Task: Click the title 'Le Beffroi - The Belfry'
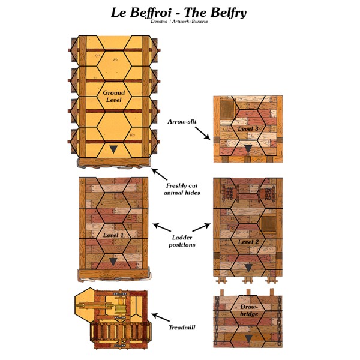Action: [178, 12]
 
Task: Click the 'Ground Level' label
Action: [113, 96]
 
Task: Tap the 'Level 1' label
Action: [113, 235]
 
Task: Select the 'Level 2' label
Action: [247, 242]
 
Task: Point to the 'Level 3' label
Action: [248, 128]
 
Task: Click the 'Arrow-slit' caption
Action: [182, 122]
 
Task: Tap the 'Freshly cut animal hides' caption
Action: [181, 189]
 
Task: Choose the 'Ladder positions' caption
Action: [181, 241]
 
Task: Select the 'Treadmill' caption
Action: [182, 327]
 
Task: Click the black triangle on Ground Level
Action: [113, 149]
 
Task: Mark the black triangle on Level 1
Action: [113, 262]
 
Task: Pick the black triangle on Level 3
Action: [248, 149]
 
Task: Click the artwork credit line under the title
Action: [178, 22]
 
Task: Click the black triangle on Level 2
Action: [248, 268]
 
